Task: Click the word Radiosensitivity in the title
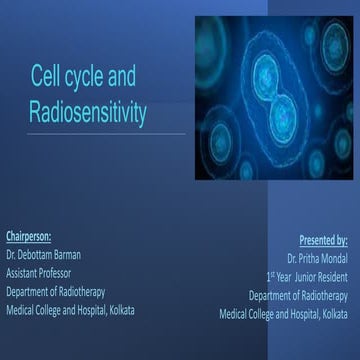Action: coord(87,113)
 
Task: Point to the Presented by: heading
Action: coord(323,240)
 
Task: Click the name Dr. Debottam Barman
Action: coord(50,254)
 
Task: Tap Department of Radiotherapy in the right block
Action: coord(298,295)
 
